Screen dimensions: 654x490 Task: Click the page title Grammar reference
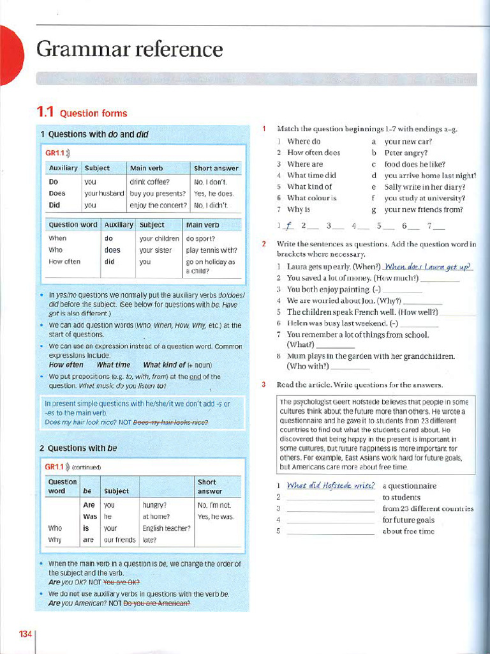pyautogui.click(x=130, y=49)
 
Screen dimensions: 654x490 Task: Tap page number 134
pyautogui.click(x=25, y=634)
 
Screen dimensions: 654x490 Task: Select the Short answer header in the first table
pyautogui.click(x=216, y=169)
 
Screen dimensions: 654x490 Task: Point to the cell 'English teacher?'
pyautogui.click(x=166, y=528)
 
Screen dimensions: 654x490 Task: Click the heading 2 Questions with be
pyautogui.click(x=78, y=448)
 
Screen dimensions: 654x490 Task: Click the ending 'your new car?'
pyautogui.click(x=408, y=141)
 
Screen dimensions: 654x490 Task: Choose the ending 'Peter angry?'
pyautogui.click(x=406, y=153)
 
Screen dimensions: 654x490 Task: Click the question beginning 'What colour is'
pyautogui.click(x=312, y=198)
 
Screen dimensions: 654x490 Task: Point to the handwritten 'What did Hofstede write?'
pyautogui.click(x=330, y=485)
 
